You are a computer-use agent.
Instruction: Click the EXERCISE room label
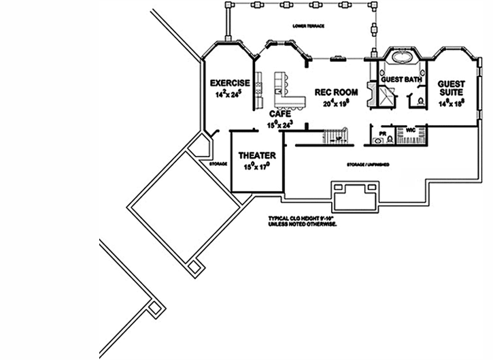[229, 83]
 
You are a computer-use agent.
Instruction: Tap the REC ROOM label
[335, 92]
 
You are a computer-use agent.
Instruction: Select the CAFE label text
[280, 114]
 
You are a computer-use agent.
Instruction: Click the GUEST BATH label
[401, 80]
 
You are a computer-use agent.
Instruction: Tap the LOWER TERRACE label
[308, 26]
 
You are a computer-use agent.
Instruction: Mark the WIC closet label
[410, 129]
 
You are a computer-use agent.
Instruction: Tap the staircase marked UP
[337, 137]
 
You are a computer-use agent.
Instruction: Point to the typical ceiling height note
[303, 220]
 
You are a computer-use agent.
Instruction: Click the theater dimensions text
[256, 165]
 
